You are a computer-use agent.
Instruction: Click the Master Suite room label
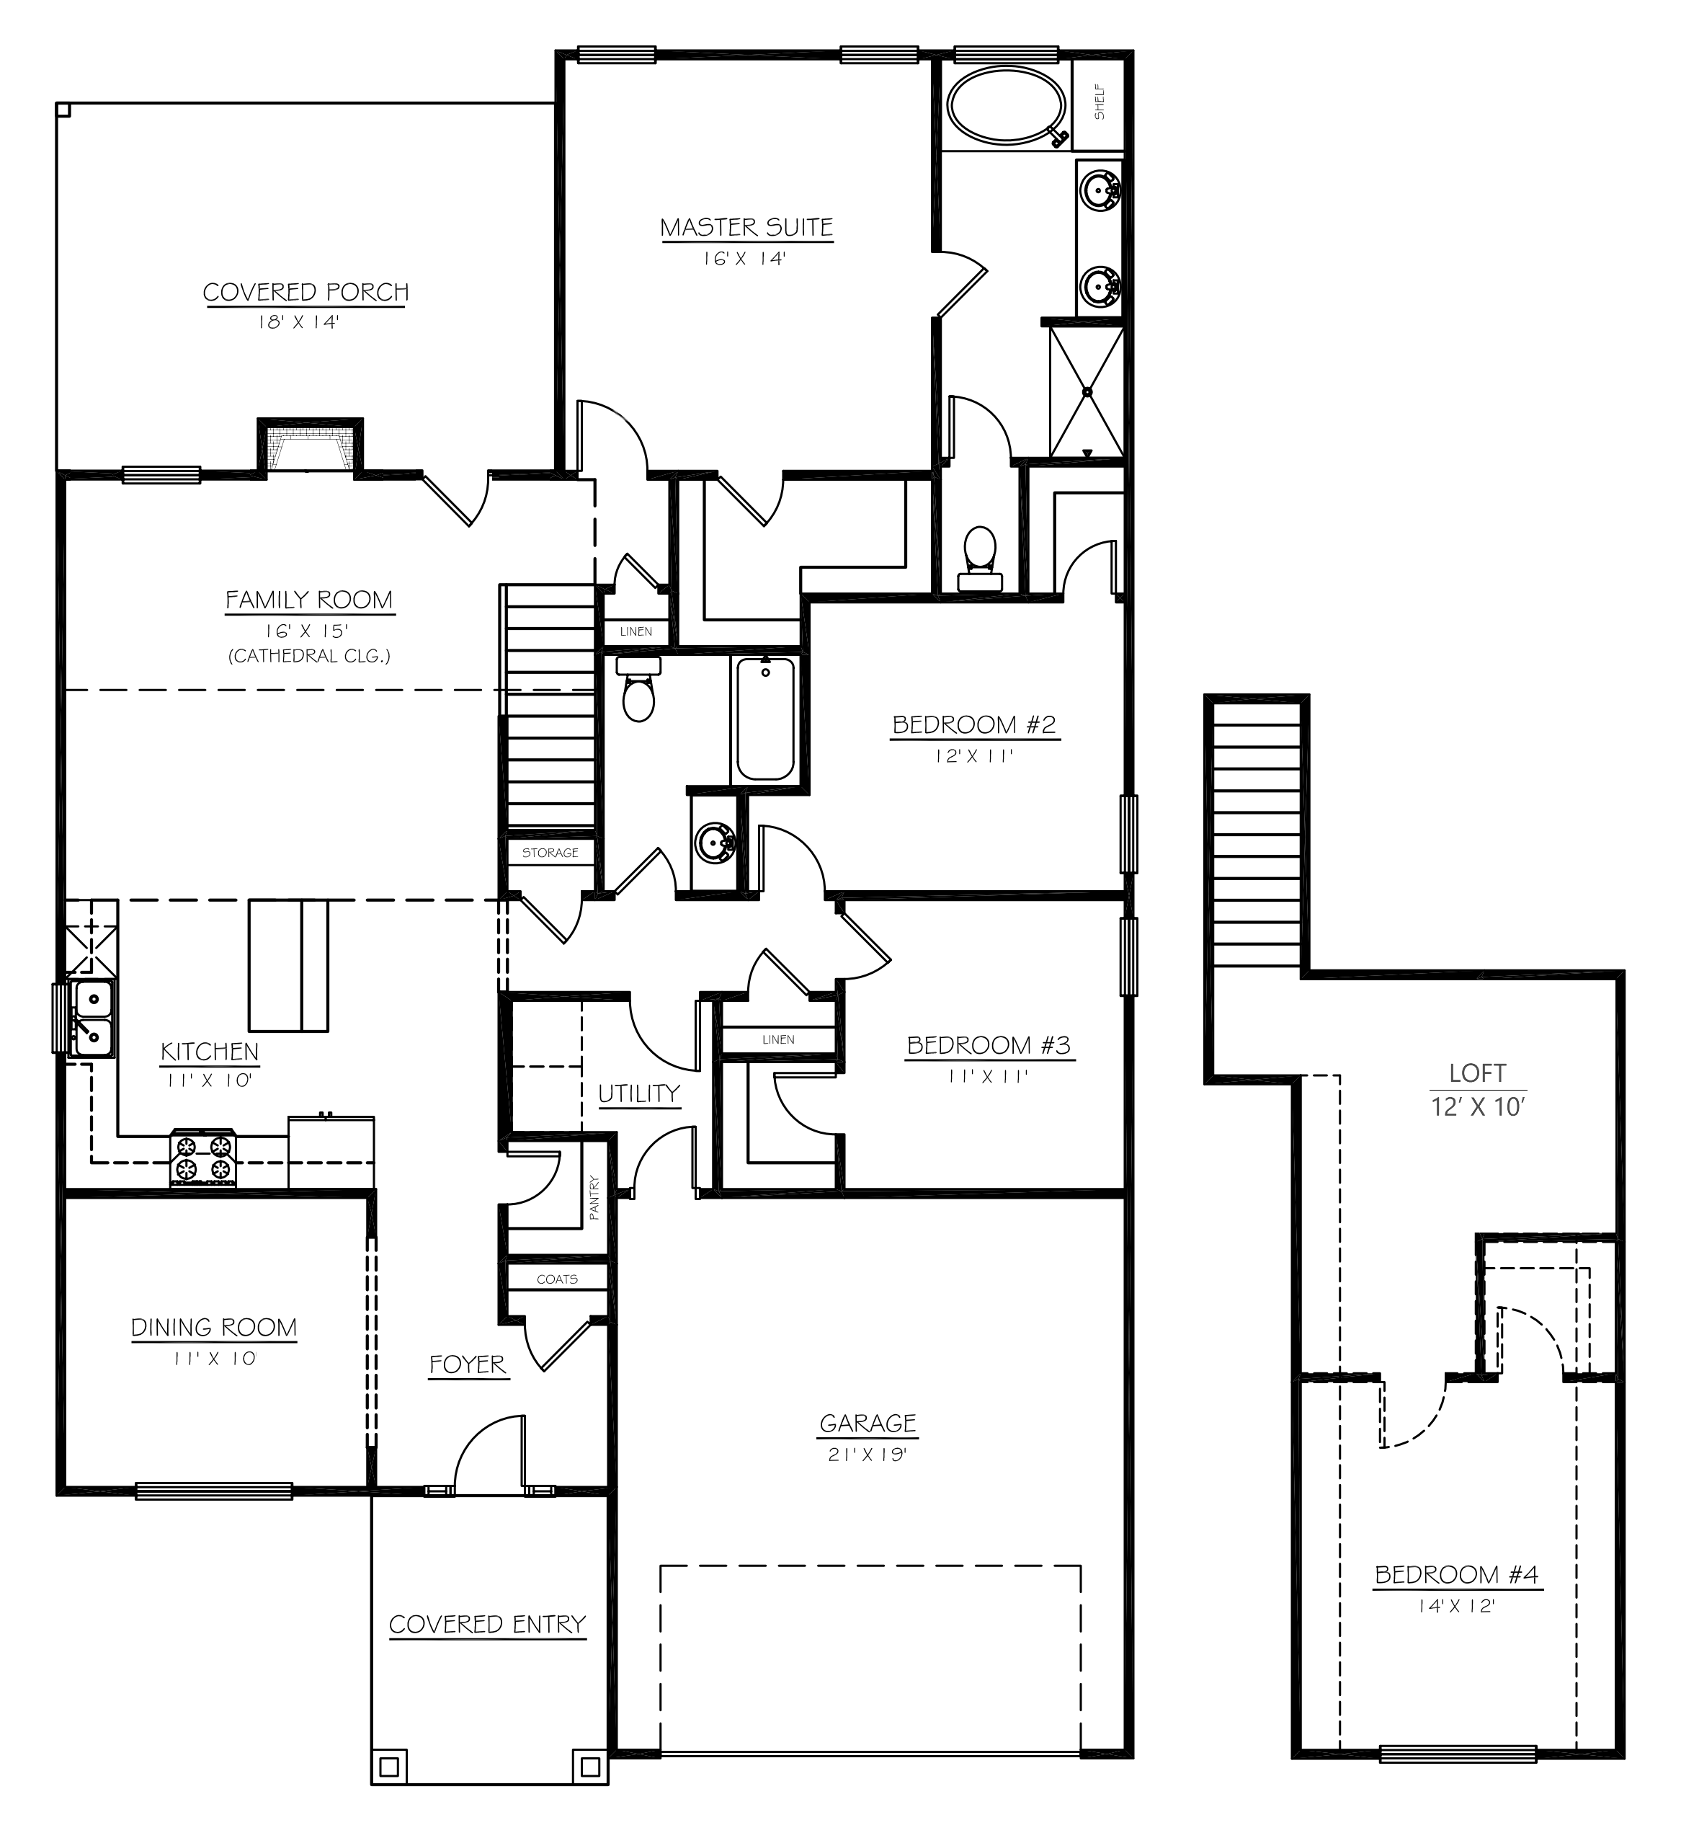point(746,227)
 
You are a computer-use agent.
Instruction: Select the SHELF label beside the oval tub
point(1100,103)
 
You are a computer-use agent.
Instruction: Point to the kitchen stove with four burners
point(203,1158)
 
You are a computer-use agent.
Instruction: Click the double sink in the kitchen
point(92,1018)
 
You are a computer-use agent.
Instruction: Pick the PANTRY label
point(594,1197)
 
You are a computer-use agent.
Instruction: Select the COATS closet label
point(557,1279)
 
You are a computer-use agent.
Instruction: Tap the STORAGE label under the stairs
point(550,853)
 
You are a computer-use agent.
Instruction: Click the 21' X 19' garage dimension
point(867,1455)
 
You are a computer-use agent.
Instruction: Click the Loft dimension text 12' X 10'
point(1477,1107)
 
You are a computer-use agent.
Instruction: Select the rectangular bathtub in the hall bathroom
point(764,720)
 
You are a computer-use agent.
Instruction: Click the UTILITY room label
point(639,1093)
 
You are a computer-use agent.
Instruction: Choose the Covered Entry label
point(487,1624)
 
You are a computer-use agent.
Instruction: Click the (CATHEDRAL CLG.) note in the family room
point(309,655)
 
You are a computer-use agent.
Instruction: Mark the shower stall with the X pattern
point(1087,392)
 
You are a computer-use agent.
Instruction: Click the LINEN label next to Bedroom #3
point(777,1039)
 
